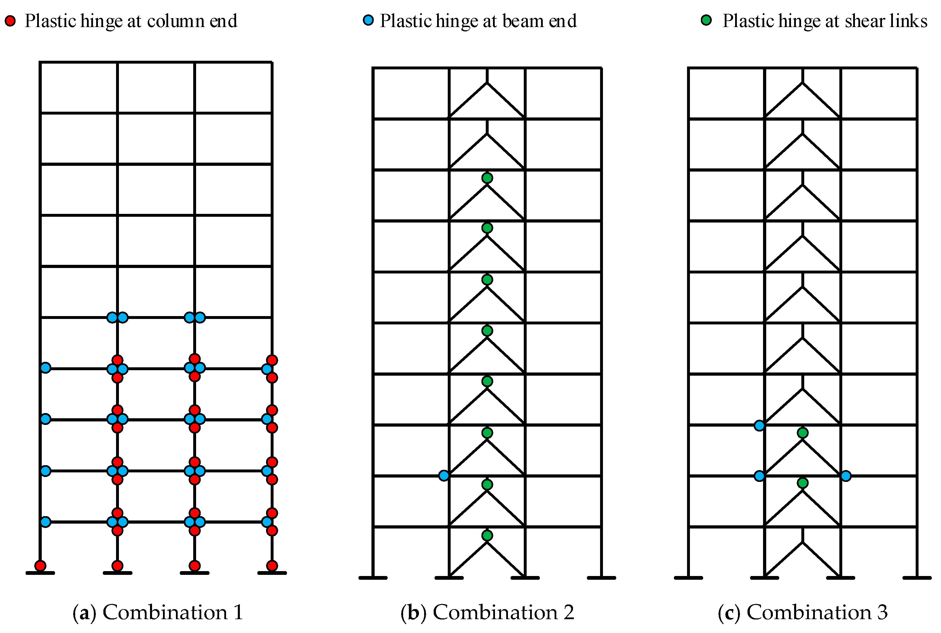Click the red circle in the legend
tap(10, 21)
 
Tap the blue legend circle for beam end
tap(368, 20)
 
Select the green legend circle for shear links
tap(706, 20)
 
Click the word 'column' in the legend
tap(176, 21)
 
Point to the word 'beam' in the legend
tap(522, 21)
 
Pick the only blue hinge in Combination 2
tap(444, 476)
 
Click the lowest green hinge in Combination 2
tap(487, 535)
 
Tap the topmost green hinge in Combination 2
tap(487, 178)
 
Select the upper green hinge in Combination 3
tap(802, 433)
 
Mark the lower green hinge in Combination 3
tap(802, 483)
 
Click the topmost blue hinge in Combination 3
tap(759, 425)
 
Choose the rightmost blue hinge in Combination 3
tap(846, 476)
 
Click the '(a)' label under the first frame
tap(84, 612)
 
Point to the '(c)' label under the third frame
tap(729, 612)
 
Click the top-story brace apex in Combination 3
tap(802, 83)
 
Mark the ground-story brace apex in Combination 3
tap(802, 542)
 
